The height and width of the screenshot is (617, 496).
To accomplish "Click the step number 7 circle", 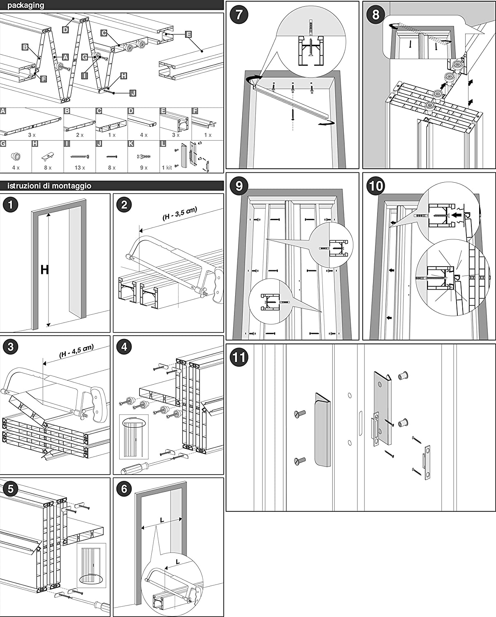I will click(239, 15).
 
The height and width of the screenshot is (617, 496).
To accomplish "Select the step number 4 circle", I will click(125, 347).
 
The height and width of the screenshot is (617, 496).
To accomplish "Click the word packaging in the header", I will click(25, 5).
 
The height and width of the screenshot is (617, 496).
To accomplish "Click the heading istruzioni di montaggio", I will click(49, 186).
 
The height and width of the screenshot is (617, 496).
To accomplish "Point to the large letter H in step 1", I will click(44, 270).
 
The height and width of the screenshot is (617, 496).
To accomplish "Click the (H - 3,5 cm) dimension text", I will click(180, 214).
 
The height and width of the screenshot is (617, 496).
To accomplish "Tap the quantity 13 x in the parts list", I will click(80, 168).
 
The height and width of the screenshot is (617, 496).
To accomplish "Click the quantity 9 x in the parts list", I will click(144, 168).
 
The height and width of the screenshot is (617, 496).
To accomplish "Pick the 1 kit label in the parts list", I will click(167, 168).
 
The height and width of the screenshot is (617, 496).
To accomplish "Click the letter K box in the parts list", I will click(131, 144).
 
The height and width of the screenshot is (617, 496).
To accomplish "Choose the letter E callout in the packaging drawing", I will click(188, 34).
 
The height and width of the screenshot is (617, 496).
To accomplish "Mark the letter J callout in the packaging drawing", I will click(132, 93).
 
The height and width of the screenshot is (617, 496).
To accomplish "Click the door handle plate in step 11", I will click(323, 430).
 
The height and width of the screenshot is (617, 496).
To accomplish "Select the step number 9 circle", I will click(239, 186).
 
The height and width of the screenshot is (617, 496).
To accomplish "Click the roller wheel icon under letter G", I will click(16, 156).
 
